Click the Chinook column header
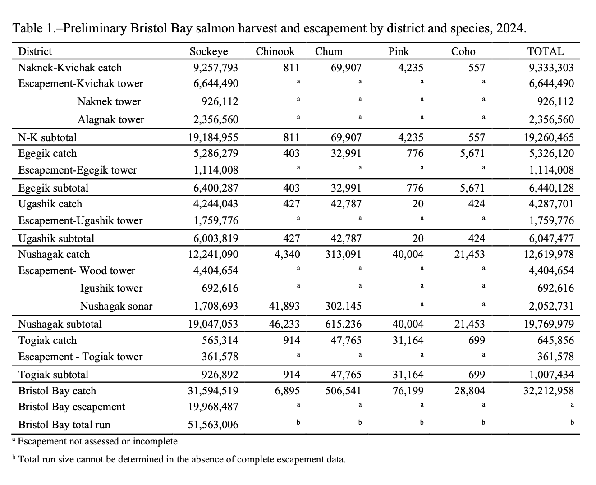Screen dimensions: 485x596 point(275,51)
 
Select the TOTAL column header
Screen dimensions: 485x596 point(546,51)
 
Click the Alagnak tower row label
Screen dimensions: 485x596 point(111,119)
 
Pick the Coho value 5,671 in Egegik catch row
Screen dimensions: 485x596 point(472,153)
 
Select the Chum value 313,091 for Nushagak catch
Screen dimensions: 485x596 point(343,254)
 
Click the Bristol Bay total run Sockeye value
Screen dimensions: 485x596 point(213,425)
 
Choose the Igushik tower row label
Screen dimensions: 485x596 point(111,288)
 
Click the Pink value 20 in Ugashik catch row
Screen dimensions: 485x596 point(418,204)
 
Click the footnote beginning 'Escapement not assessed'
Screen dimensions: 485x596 point(97,441)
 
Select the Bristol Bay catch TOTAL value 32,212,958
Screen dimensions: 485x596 point(549,391)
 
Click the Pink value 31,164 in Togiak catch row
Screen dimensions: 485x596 point(408,340)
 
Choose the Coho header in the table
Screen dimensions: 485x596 point(463,51)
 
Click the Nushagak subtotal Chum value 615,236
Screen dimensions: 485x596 point(343,324)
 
